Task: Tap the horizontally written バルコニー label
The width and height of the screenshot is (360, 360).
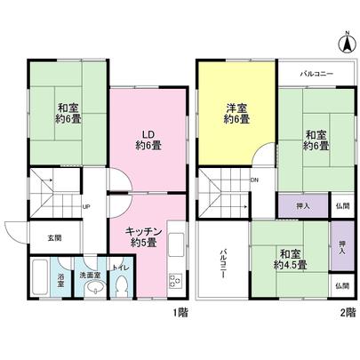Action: [x=316, y=73]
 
